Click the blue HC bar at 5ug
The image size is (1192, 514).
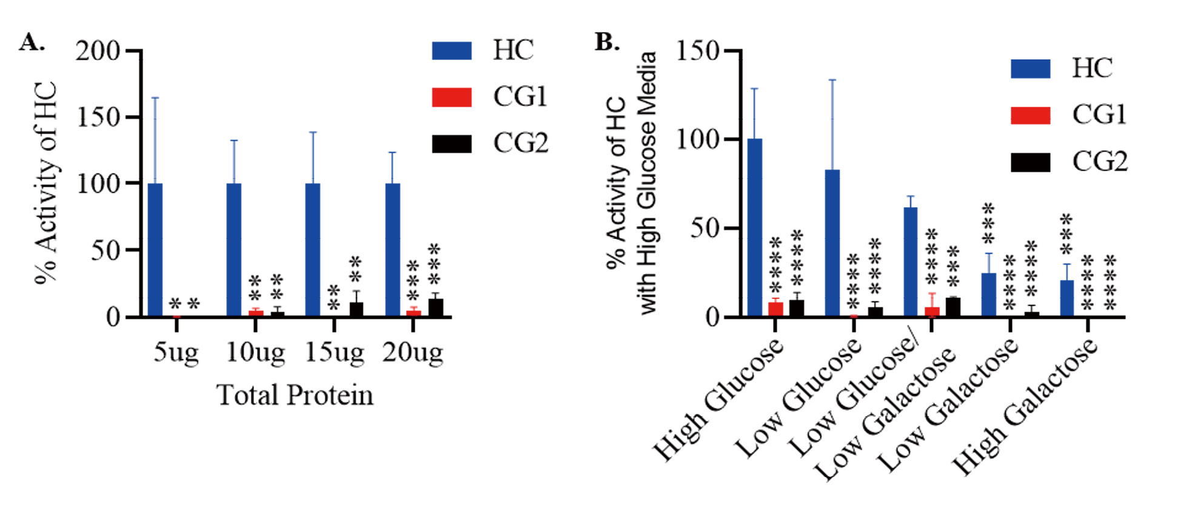(x=155, y=249)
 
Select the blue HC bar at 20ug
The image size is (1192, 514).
(x=392, y=249)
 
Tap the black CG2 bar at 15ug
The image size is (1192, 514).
(x=356, y=309)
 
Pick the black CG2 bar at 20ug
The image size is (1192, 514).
(x=435, y=307)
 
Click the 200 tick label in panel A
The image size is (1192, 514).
(x=98, y=51)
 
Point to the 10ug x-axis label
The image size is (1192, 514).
(x=255, y=352)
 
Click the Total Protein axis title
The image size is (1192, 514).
(x=295, y=395)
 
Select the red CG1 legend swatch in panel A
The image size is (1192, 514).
(x=452, y=97)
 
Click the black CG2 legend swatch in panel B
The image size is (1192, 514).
(x=1030, y=162)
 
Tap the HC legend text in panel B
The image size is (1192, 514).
(x=1092, y=68)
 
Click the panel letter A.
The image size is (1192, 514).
(x=32, y=42)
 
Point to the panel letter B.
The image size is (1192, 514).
(x=607, y=42)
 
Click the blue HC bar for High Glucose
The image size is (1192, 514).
(x=755, y=227)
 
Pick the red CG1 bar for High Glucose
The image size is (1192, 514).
(x=775, y=309)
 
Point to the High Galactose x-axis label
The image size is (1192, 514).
(x=1025, y=406)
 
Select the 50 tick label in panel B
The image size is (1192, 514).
(x=705, y=229)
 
